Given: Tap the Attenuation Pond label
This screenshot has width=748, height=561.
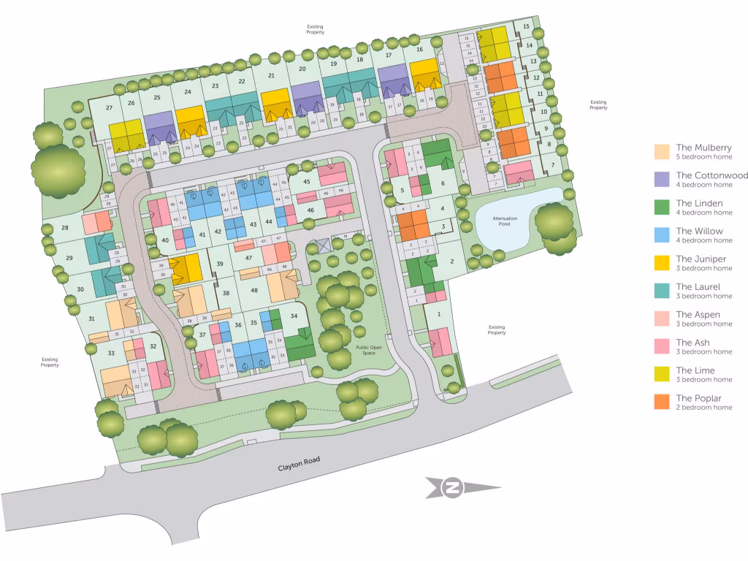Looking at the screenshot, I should (505, 221).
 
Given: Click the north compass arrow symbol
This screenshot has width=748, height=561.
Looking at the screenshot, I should (454, 488).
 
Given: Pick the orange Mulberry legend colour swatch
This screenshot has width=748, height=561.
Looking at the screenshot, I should (662, 151).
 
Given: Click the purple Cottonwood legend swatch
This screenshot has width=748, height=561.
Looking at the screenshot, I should (662, 179).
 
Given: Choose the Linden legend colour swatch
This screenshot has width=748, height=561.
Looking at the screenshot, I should (662, 207).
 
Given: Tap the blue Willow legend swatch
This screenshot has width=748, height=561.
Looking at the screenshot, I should (662, 234).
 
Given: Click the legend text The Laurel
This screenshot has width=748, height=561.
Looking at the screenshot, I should (698, 286).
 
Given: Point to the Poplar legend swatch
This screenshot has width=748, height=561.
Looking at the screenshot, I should (662, 402).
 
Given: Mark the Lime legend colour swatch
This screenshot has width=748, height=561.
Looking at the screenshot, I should (662, 374).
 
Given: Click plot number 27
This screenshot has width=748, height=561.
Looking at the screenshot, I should (109, 108).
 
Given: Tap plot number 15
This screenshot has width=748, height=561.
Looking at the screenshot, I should (526, 27).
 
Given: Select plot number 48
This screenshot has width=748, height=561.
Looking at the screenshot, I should (254, 290).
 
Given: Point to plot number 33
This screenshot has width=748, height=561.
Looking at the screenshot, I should (111, 353).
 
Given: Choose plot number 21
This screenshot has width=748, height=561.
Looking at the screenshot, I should (271, 75).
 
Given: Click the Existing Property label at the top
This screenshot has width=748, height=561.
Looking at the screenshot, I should (315, 30).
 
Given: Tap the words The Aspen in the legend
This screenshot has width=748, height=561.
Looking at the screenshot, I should (697, 314).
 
